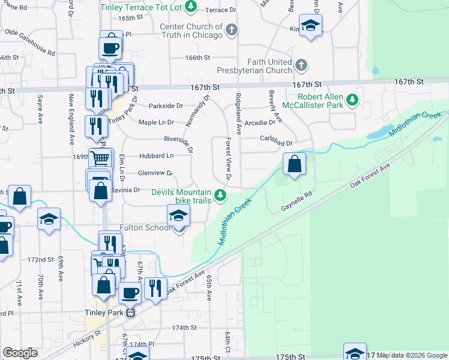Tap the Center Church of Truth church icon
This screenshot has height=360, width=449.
pos(231,29)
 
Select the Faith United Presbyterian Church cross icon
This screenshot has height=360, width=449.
pos(301,64)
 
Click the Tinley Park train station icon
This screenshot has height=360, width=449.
pos(130,312)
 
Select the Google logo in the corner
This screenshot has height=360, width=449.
pos(20,353)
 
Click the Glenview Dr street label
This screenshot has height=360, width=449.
pos(155,173)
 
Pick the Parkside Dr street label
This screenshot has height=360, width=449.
pos(166,106)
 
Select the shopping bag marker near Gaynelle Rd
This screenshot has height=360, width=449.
pos(294,164)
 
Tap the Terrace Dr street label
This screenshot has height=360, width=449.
pos(220,10)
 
